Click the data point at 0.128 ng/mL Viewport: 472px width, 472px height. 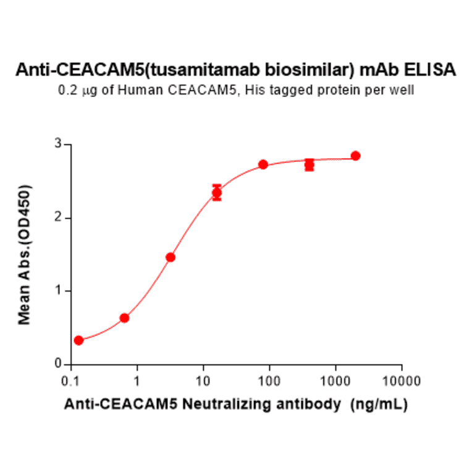[x=78, y=340]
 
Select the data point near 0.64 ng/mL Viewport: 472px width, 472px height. [x=124, y=318]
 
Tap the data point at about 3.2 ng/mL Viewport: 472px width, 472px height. [x=171, y=257]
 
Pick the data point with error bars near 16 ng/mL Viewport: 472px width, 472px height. [x=217, y=193]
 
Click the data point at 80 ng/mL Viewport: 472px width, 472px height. [x=263, y=164]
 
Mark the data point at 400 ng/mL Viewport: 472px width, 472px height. [x=310, y=165]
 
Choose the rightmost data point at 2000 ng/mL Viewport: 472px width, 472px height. [x=355, y=156]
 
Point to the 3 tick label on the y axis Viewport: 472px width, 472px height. [x=59, y=145]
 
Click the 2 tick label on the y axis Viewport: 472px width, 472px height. [x=59, y=218]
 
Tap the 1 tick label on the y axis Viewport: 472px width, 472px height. [x=59, y=291]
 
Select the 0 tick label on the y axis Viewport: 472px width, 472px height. [x=59, y=365]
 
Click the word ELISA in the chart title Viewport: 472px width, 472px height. [x=434, y=69]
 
